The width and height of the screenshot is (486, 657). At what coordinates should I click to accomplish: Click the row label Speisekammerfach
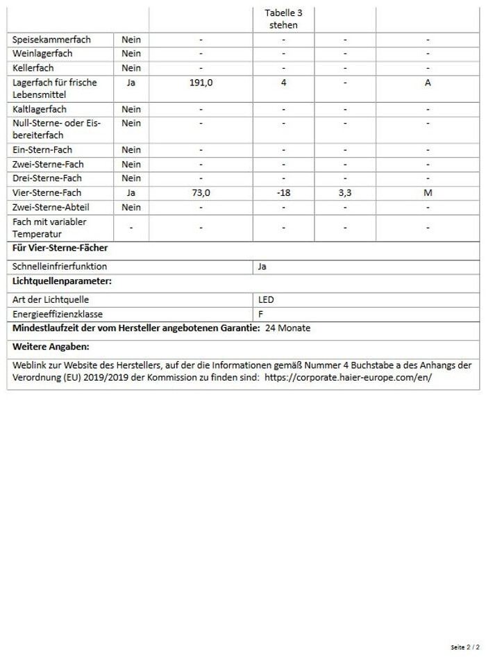[51, 40]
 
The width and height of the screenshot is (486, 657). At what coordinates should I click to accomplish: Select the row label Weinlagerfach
[42, 53]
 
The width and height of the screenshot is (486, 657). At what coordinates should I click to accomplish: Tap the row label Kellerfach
[33, 68]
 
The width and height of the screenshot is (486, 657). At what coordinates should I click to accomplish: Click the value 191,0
[201, 83]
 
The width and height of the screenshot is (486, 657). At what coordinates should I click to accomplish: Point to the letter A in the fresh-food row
[428, 83]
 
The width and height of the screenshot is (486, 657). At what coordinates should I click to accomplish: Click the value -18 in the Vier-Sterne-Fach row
[283, 193]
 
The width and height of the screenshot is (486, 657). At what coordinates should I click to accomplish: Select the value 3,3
[345, 193]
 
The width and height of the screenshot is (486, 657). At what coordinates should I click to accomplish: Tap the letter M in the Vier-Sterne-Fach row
[428, 193]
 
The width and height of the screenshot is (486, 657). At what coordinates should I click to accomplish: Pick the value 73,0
[201, 193]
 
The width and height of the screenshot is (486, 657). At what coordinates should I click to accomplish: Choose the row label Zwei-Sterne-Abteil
[51, 207]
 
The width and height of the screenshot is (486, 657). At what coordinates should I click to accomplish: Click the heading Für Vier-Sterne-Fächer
[60, 248]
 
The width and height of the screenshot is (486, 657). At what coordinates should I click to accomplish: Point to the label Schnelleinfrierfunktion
[60, 266]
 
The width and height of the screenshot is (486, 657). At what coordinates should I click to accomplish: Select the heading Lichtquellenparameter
[62, 281]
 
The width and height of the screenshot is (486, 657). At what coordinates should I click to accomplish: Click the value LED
[266, 300]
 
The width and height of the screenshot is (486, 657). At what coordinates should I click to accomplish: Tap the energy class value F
[260, 314]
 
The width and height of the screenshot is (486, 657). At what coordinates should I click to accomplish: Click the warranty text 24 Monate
[287, 328]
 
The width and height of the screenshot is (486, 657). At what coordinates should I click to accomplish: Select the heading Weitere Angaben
[51, 346]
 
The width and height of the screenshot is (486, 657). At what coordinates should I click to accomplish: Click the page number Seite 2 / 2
[464, 647]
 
